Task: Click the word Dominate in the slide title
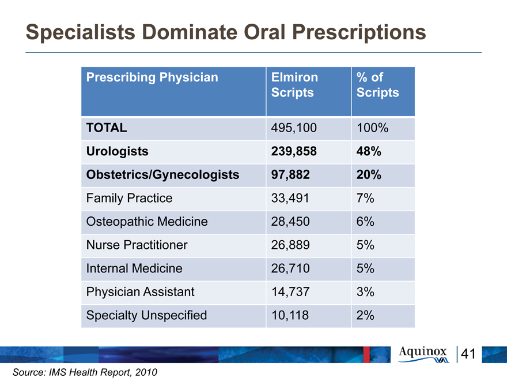[x=190, y=32]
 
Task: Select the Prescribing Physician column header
[x=152, y=77]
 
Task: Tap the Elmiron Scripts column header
[x=294, y=85]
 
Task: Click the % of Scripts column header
[x=378, y=85]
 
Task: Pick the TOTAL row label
[x=107, y=128]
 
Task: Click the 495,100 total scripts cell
[x=294, y=128]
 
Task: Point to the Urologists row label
[x=118, y=151]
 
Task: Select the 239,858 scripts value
[x=294, y=151]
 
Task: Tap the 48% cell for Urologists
[x=369, y=151]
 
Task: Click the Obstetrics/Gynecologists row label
[x=162, y=174]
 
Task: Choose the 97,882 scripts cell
[x=290, y=174]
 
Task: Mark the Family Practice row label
[x=129, y=198]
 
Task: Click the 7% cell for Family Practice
[x=365, y=198]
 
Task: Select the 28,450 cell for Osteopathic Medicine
[x=290, y=222]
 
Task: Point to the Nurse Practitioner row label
[x=137, y=245]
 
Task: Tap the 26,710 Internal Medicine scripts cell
[x=290, y=268]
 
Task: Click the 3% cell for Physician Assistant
[x=365, y=292]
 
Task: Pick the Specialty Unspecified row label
[x=146, y=315]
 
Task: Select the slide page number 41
[x=468, y=354]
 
